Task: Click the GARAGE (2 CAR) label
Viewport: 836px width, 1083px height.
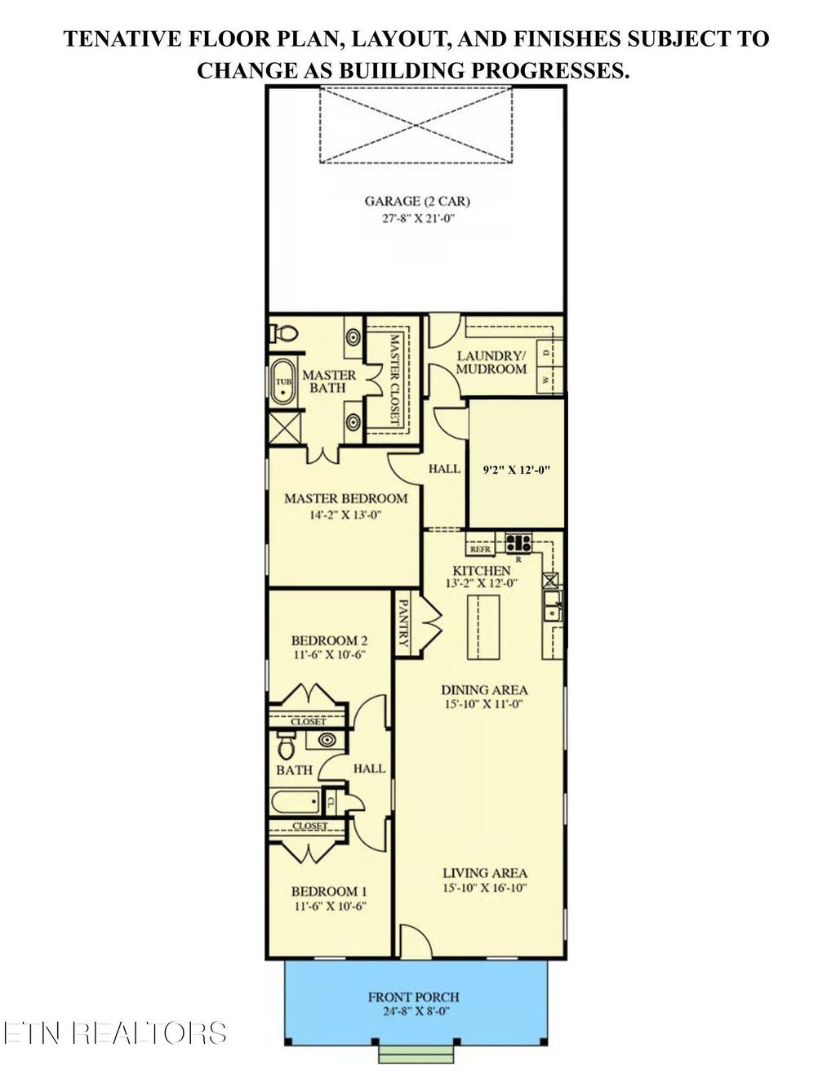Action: pyautogui.click(x=417, y=201)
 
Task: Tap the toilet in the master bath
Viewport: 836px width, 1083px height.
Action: pyautogui.click(x=285, y=333)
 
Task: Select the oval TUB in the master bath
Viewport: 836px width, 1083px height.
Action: pyautogui.click(x=283, y=381)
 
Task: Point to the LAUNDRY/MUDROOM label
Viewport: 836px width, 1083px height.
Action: pyautogui.click(x=491, y=362)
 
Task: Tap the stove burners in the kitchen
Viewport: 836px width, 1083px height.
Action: pyautogui.click(x=518, y=541)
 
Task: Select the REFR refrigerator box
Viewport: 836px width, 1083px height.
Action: pyautogui.click(x=480, y=550)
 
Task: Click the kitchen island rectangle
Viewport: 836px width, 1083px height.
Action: pyautogui.click(x=482, y=626)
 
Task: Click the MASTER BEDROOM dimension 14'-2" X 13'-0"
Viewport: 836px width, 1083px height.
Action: pyautogui.click(x=346, y=515)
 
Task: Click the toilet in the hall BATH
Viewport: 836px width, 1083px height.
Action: pyautogui.click(x=286, y=747)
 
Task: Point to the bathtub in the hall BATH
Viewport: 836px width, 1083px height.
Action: pyautogui.click(x=296, y=800)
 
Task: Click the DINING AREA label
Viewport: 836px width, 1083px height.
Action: pyautogui.click(x=484, y=689)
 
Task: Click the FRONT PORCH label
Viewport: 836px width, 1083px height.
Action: pyautogui.click(x=413, y=996)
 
